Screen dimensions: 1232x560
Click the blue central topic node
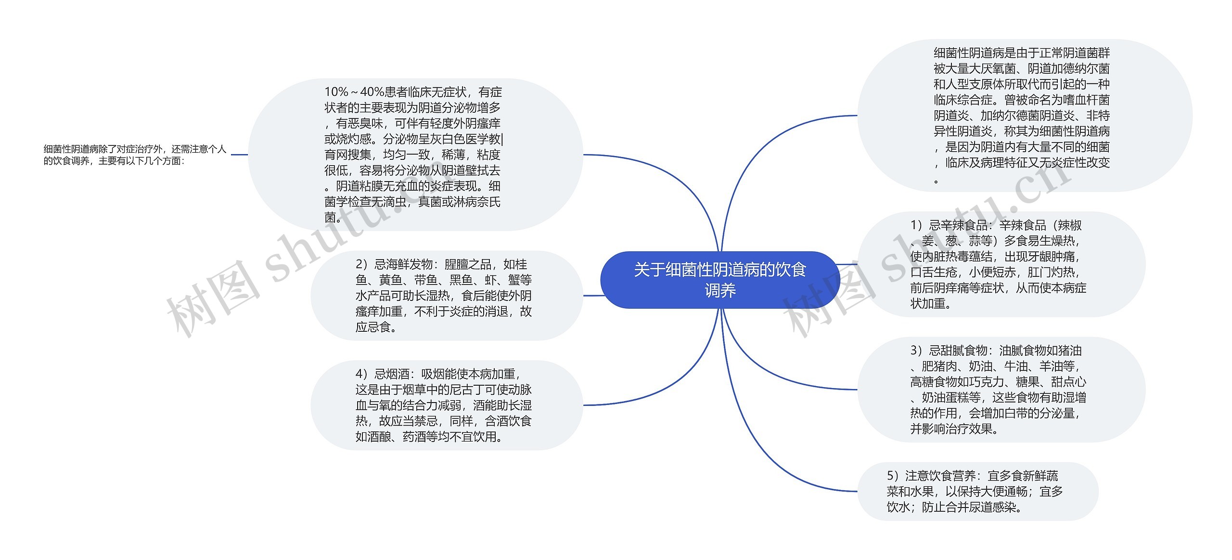click(x=719, y=280)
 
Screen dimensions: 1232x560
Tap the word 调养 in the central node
click(x=720, y=291)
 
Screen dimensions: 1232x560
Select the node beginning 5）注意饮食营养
click(x=977, y=492)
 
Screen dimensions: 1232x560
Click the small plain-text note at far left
click(x=135, y=155)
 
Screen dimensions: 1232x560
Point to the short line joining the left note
click(x=239, y=155)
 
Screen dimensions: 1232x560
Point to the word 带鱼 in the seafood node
click(x=426, y=280)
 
